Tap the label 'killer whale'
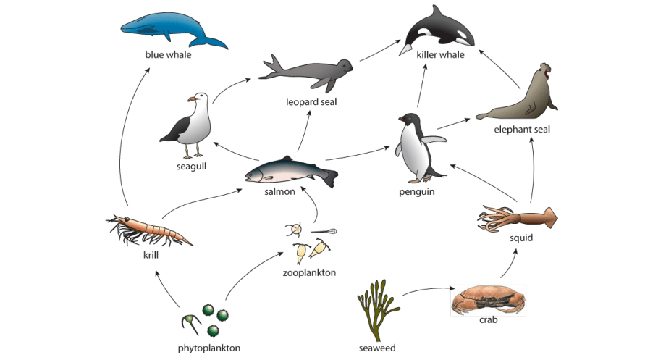[440, 55]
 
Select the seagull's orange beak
[192, 99]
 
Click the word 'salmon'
[279, 191]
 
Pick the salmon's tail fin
[330, 177]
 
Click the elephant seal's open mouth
[547, 74]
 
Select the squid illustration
[518, 218]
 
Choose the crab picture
[489, 300]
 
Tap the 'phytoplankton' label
[209, 348]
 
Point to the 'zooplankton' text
[309, 272]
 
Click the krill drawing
[149, 230]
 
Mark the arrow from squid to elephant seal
[534, 169]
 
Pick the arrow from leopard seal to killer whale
[380, 50]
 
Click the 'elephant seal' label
[522, 130]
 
